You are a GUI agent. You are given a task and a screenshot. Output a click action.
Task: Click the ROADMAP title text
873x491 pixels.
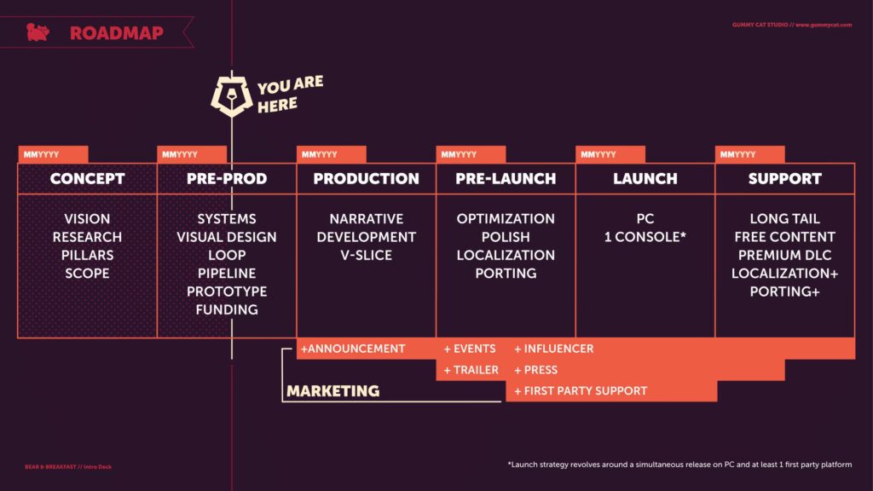116,33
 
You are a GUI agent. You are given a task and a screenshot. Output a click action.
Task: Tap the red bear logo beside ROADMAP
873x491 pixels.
38,32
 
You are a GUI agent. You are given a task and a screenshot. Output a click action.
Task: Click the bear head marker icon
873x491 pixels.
232,95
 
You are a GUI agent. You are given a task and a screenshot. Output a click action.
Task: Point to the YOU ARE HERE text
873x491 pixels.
290,94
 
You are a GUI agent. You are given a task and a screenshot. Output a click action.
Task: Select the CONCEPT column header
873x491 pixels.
88,179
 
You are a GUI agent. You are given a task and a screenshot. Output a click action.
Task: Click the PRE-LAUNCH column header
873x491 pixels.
506,179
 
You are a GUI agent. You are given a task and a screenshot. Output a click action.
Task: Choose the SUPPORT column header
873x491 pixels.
785,179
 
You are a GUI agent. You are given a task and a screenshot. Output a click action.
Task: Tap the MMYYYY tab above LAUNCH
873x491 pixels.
610,154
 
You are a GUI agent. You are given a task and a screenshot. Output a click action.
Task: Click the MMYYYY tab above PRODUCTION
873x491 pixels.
332,154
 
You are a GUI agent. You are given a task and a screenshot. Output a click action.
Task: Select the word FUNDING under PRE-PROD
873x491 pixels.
227,309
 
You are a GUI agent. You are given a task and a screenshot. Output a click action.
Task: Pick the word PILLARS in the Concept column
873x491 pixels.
88,255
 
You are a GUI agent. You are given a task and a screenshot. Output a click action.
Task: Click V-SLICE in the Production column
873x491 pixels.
367,255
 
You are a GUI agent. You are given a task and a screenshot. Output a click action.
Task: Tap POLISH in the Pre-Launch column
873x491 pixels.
506,237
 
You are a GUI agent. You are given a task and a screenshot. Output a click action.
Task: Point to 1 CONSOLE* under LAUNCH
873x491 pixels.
645,237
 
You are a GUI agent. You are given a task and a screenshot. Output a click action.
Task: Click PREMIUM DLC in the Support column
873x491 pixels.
785,255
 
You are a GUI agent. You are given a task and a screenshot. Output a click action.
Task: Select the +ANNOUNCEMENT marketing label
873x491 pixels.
353,349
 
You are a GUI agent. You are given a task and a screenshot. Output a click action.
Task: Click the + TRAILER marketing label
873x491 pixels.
471,370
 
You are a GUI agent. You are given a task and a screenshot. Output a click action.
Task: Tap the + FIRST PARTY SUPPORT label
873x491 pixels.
581,390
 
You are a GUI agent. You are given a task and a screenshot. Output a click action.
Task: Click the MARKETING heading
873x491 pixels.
333,390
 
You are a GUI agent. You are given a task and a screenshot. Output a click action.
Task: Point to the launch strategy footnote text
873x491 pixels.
679,465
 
